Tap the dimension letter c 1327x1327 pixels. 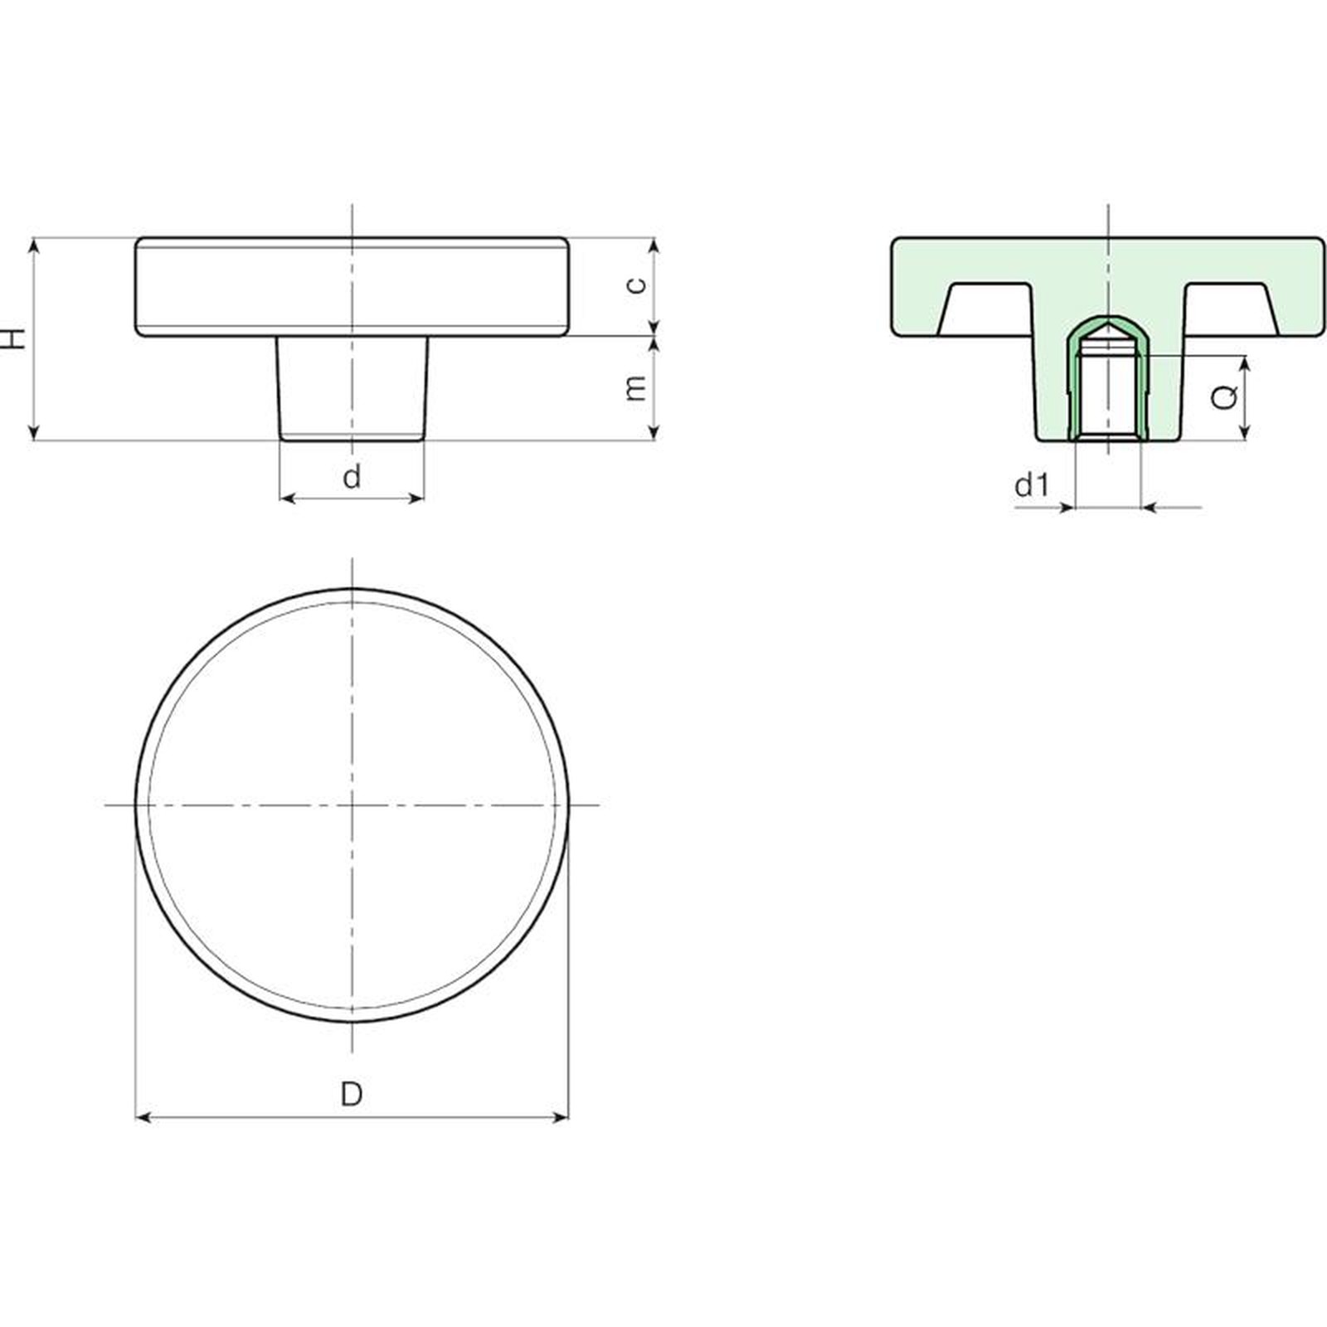[x=635, y=285]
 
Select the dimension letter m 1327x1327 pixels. [x=635, y=387]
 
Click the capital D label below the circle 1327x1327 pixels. [x=352, y=1094]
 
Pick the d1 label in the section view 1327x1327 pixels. [x=1032, y=484]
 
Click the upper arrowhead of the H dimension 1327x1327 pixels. [x=34, y=245]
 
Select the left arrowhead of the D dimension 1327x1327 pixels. [x=143, y=1118]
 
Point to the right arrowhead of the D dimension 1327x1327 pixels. [x=561, y=1118]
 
